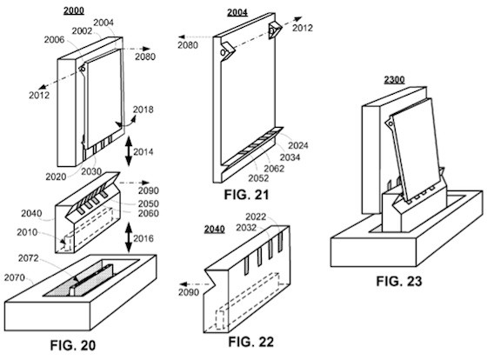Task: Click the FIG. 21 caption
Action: coord(246,195)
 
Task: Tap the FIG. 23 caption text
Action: coord(399,281)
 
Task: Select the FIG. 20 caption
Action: coord(73,345)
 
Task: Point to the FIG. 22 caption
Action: coord(251,342)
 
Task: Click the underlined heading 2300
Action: coord(394,79)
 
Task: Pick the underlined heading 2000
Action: coord(74,10)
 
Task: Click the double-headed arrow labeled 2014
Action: coord(129,151)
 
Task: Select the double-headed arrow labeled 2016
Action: coord(129,238)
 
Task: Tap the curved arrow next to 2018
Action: coord(126,123)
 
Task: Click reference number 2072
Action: coord(28,258)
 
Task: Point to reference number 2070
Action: coord(14,277)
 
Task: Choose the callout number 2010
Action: coord(27,232)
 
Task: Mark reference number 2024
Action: coord(298,145)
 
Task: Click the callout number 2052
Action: coord(258,178)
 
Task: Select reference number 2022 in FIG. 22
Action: coord(256,217)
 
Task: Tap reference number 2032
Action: coord(246,228)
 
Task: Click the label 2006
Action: coord(54,39)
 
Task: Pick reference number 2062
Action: coord(274,169)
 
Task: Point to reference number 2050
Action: coord(149,203)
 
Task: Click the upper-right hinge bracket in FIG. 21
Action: coord(275,30)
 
